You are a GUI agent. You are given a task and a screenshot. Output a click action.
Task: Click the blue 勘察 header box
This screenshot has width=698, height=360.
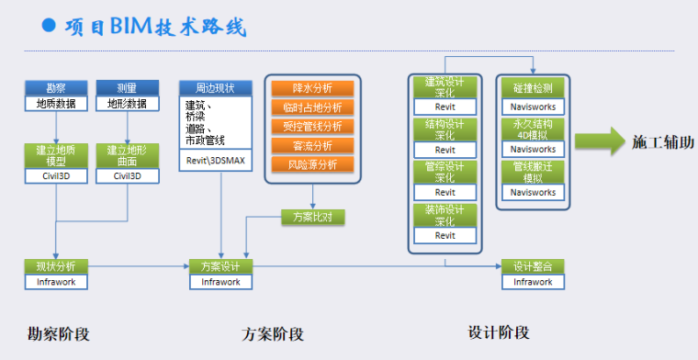[x=56, y=89]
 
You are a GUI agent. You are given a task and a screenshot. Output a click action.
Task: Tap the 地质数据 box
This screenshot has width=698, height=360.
[x=56, y=104]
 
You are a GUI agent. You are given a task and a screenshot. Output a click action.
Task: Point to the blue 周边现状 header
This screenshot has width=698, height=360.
[x=215, y=88]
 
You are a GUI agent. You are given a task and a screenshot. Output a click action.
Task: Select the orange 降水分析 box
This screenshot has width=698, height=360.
[x=312, y=88]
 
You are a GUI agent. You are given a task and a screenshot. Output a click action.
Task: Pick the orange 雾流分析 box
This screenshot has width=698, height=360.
[x=312, y=145]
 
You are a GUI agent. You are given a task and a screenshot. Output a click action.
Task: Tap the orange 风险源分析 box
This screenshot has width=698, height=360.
[x=312, y=164]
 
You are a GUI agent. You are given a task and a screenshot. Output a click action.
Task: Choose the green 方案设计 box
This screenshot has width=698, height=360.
[x=220, y=266]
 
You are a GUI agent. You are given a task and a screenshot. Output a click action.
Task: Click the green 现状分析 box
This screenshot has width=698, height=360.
[x=56, y=266]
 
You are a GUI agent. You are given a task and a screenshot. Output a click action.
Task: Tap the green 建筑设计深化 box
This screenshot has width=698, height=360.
[x=445, y=88]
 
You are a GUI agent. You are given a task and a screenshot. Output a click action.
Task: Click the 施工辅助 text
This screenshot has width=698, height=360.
[x=661, y=142]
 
